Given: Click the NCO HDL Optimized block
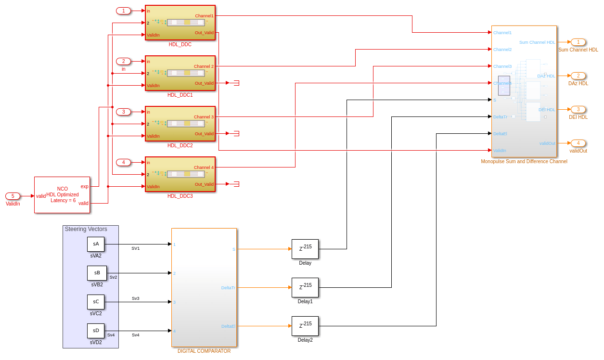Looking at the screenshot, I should tap(62, 194).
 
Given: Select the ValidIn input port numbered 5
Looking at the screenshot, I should tap(13, 196).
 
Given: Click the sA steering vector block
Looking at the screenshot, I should tap(96, 244).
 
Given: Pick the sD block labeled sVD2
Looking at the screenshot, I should tap(96, 331).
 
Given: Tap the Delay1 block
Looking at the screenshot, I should tap(305, 287).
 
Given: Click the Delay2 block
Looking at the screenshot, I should tap(305, 326).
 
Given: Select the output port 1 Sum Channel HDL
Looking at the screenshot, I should tap(578, 42).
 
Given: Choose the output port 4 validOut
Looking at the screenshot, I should tap(578, 143).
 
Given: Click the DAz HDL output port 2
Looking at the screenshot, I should tap(578, 76).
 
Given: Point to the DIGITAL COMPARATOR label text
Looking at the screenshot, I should tap(204, 351).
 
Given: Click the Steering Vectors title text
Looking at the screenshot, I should tap(86, 229).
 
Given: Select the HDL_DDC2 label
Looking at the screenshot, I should tap(180, 145).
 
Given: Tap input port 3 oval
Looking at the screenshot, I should tap(123, 112).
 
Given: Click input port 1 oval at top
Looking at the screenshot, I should tap(123, 11).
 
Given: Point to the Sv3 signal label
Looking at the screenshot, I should tap(136, 298).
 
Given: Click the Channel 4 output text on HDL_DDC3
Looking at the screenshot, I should tap(204, 167).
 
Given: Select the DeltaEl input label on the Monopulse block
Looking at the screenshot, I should tap(500, 134).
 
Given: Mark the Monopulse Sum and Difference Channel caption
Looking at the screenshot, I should tap(524, 161).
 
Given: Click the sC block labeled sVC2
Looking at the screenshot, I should tap(96, 302).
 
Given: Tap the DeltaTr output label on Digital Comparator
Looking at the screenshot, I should tap(228, 288).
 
